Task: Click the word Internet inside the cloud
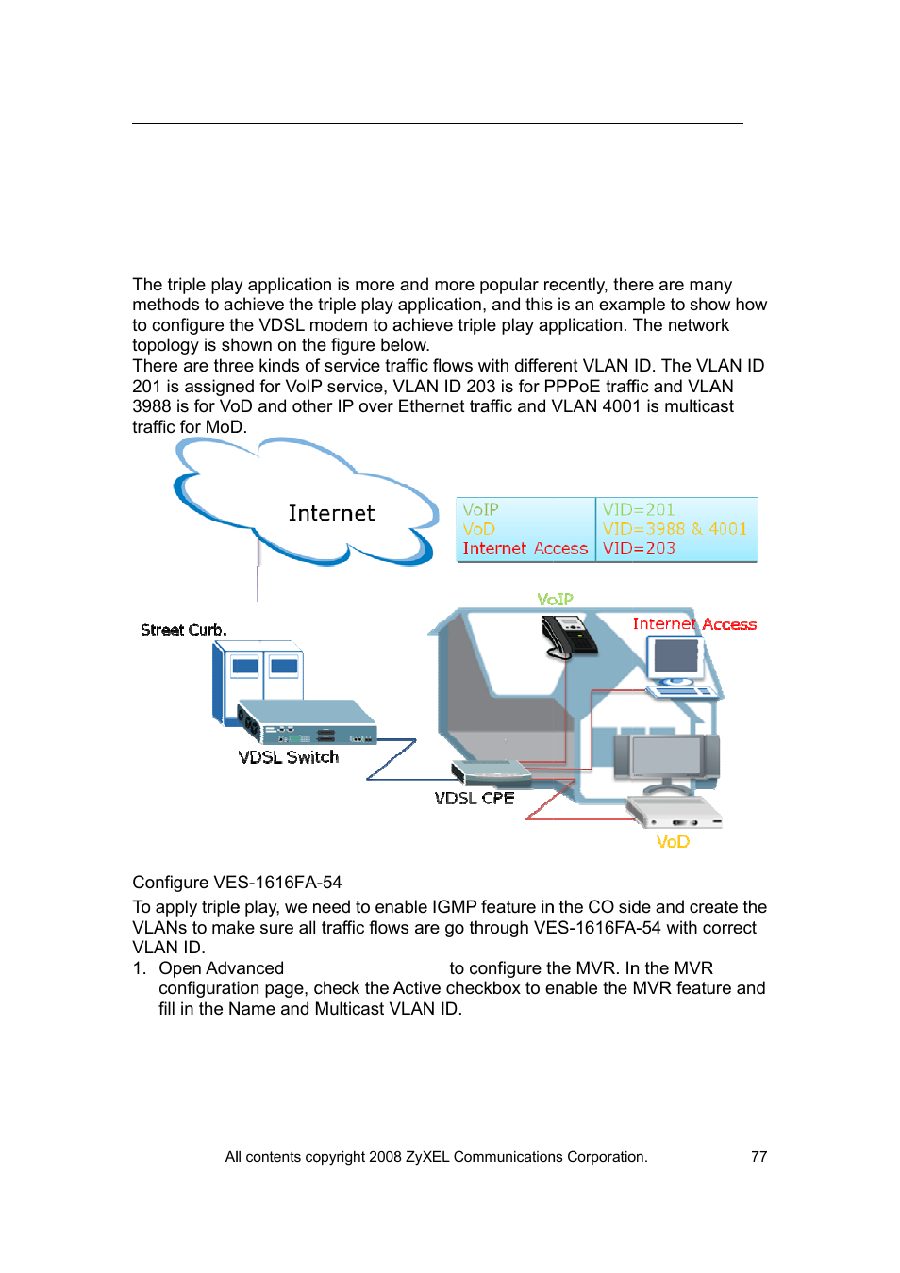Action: pos(331,514)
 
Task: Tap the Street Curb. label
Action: pos(183,630)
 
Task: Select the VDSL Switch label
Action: pos(288,757)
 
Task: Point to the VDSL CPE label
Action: pos(474,798)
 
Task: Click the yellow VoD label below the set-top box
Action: pos(673,841)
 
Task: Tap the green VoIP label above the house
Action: pos(555,600)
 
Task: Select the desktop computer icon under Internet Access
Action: pos(676,666)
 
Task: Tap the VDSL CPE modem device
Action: pos(492,772)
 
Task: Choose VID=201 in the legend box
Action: pos(639,509)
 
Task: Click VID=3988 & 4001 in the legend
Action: pos(675,529)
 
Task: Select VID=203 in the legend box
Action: pos(639,548)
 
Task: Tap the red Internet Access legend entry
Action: pos(525,548)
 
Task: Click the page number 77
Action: pos(758,1157)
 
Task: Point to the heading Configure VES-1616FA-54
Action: pos(237,883)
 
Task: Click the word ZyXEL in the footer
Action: pos(427,1157)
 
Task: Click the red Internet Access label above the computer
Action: pos(694,624)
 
